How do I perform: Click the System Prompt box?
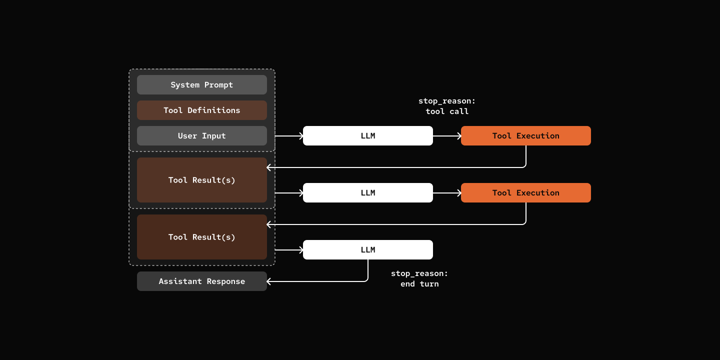[x=201, y=85]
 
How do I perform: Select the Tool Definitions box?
[x=201, y=110]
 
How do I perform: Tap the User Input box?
[x=201, y=136]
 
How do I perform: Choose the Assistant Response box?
[x=201, y=281]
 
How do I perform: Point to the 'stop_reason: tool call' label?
[x=447, y=106]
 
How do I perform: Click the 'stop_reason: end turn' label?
[x=419, y=279]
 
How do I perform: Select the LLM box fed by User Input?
[x=367, y=136]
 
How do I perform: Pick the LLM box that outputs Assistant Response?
[x=367, y=250]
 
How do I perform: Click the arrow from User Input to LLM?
[x=289, y=136]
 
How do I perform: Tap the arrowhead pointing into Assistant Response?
[x=270, y=281]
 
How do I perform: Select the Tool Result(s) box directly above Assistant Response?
[x=201, y=237]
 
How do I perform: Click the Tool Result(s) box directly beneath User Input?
[x=201, y=180]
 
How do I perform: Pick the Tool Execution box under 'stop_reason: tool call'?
[x=525, y=136]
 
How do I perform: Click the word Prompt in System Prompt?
[x=218, y=85]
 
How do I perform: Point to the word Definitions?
[x=214, y=110]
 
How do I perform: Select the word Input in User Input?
[x=214, y=136]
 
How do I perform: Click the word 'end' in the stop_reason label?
[x=408, y=284]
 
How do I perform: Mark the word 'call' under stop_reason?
[x=459, y=111]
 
